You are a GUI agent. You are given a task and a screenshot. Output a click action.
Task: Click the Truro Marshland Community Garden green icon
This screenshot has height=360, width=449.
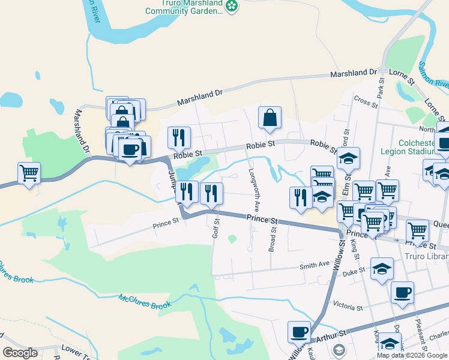[x=232, y=6]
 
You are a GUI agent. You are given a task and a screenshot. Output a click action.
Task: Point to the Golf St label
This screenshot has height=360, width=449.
[x=217, y=227]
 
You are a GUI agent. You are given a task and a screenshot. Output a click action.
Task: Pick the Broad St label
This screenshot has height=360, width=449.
[x=273, y=239]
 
